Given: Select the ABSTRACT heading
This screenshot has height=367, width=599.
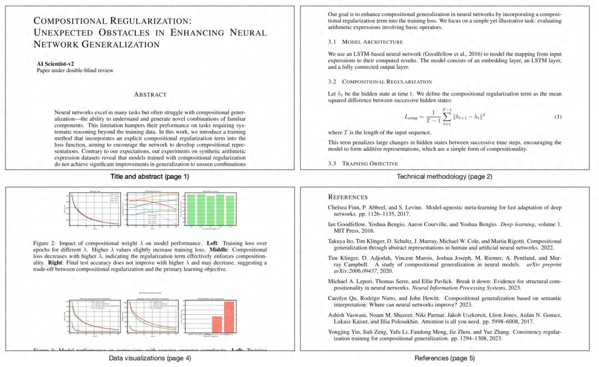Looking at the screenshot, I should (x=150, y=94).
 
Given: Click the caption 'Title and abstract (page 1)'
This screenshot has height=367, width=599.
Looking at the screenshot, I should (x=150, y=177).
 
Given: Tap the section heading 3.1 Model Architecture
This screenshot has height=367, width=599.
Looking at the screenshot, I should (x=365, y=42).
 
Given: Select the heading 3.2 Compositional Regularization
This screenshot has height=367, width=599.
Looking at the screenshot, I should (x=379, y=82).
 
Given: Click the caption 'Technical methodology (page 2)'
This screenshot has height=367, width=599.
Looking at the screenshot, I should (x=444, y=177).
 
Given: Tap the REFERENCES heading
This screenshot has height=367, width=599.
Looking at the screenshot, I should (x=348, y=197).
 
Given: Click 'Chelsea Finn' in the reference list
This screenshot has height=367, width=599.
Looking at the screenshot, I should (x=345, y=207).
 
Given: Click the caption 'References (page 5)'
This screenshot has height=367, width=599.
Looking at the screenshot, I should (x=444, y=358).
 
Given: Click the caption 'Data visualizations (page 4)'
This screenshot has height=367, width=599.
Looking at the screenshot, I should (x=150, y=358).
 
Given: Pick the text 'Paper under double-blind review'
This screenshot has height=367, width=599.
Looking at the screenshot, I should (x=75, y=71).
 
